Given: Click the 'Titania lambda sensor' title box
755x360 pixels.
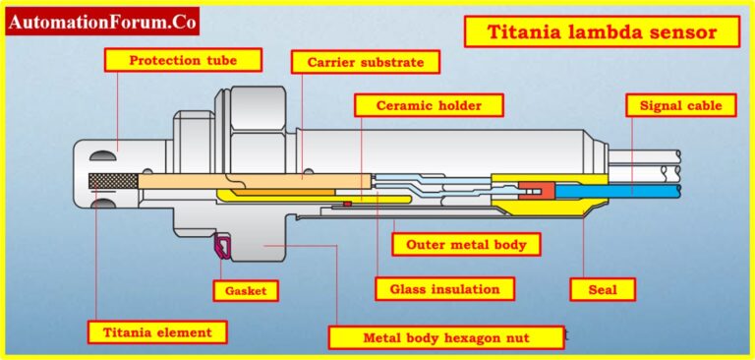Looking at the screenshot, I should tap(602, 32).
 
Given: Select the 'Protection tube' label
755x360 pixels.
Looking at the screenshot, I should tap(184, 60).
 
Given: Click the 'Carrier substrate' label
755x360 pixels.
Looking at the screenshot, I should tap(365, 62).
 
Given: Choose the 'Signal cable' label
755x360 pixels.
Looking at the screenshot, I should tap(680, 104).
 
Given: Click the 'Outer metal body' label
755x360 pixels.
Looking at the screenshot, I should tap(466, 244).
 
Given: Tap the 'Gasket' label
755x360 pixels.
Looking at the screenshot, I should tap(246, 290).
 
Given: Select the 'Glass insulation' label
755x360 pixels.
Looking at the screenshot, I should tap(444, 288).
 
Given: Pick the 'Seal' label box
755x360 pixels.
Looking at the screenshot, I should tap(603, 289).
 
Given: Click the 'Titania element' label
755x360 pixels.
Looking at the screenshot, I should tap(156, 331).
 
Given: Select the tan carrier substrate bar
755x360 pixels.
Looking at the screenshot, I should tap(256, 182).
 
